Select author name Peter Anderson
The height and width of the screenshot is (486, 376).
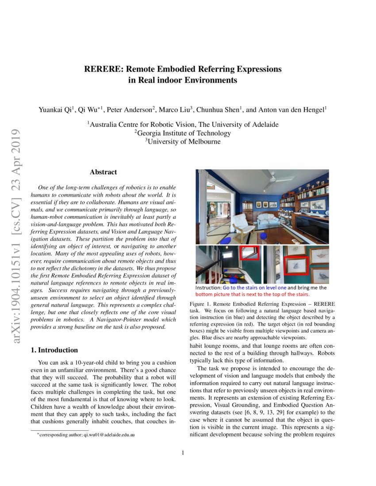131,109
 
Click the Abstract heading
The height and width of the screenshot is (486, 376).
103,172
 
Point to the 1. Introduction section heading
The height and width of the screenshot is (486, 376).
54,350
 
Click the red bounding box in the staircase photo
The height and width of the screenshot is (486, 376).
249,253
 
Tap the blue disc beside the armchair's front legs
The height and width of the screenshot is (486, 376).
226,240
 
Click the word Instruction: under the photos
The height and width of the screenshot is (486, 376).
209,288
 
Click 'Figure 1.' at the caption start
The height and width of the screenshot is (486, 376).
200,304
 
